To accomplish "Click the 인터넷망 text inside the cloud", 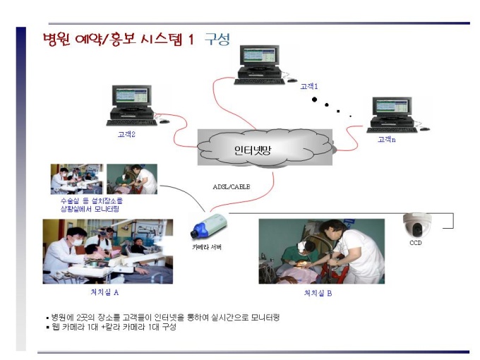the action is click(x=253, y=150).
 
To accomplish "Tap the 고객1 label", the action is click(x=309, y=87).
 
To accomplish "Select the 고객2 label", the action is click(x=126, y=134).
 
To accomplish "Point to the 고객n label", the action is click(x=387, y=140).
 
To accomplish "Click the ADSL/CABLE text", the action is click(x=232, y=187).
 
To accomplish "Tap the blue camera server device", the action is click(x=209, y=226).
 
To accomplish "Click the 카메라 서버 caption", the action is click(x=207, y=247).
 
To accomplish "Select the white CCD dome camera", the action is click(x=417, y=225).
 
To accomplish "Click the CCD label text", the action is click(x=415, y=243).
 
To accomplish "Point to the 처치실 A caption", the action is click(x=104, y=292).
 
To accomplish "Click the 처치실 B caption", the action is click(x=318, y=293).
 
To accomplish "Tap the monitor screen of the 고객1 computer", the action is click(x=259, y=56).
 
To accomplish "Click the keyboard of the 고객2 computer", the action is click(x=131, y=123).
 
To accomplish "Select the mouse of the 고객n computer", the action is click(x=425, y=129).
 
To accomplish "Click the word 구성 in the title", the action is click(x=217, y=40).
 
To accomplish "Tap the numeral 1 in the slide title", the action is click(x=191, y=40).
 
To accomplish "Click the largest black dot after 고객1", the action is click(x=314, y=100).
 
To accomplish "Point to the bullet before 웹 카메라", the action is click(x=47, y=328).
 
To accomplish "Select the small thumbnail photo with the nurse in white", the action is click(x=132, y=179).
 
